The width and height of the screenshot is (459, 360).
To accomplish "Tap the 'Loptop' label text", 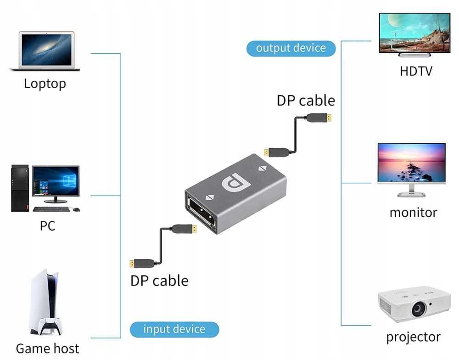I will [45, 84].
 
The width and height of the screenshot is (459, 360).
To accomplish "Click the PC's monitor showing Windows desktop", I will [56, 181].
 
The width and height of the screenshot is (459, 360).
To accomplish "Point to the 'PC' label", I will [47, 226].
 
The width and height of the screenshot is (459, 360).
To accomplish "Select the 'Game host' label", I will [47, 348].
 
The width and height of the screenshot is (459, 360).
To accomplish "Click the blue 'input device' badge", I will [174, 329].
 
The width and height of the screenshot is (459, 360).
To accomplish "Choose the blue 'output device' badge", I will [291, 48].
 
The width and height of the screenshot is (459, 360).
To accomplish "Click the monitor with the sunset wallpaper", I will [411, 163].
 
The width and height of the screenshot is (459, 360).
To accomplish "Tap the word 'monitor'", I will [413, 213].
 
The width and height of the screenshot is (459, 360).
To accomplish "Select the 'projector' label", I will [413, 337].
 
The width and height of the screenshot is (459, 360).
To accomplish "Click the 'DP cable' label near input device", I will [159, 280].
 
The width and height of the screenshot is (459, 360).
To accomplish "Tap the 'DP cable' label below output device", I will [306, 101].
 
